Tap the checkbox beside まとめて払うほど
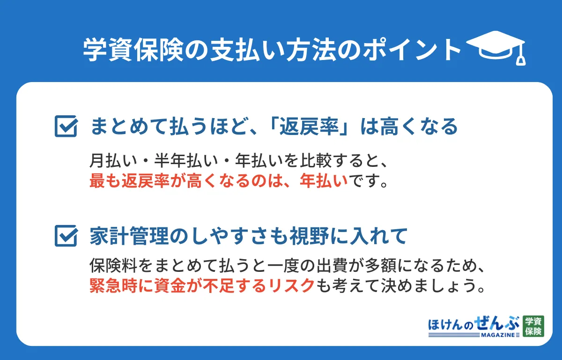click(x=66, y=126)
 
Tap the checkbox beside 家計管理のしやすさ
click(x=66, y=235)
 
